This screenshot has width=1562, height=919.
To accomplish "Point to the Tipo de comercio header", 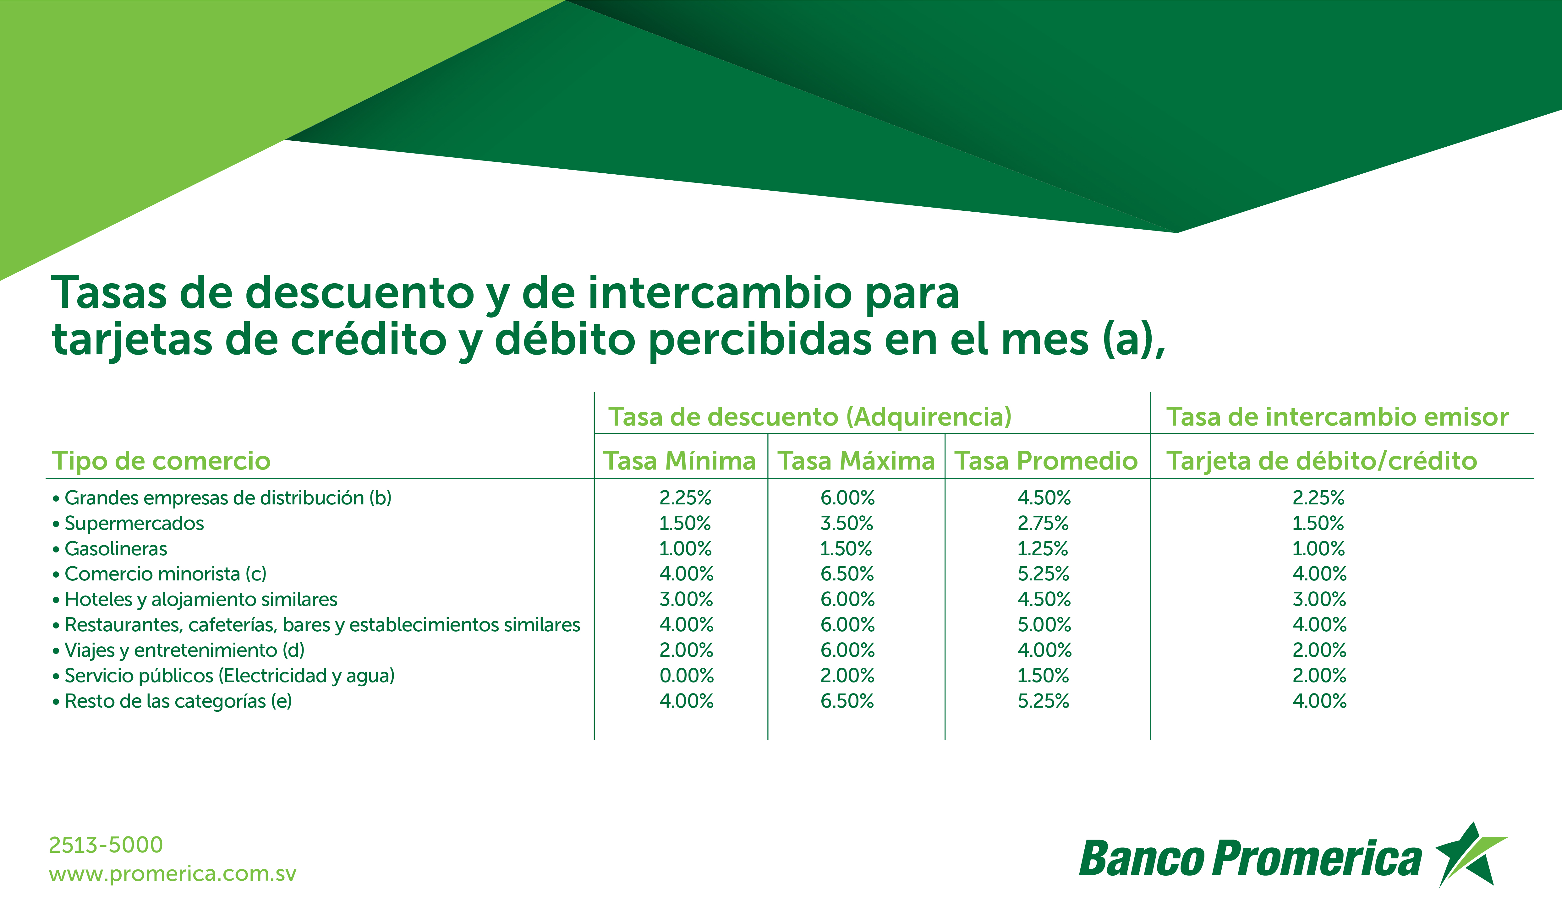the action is [x=161, y=461].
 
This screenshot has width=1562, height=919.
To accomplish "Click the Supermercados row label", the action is [x=134, y=524].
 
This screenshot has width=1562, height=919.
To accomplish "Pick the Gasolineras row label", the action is [x=116, y=549].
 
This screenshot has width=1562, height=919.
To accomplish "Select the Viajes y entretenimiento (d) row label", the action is [x=185, y=651].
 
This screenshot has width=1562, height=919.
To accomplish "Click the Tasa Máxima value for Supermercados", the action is [x=847, y=524].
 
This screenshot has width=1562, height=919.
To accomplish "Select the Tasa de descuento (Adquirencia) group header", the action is [x=809, y=417].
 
